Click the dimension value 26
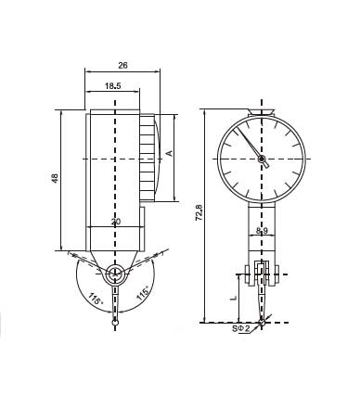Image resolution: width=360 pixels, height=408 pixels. (122, 65)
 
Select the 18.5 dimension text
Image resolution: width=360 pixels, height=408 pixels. (112, 85)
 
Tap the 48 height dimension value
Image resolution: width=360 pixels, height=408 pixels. (55, 178)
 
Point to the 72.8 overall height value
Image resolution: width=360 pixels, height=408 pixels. (199, 212)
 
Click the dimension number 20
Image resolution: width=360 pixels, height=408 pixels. (116, 222)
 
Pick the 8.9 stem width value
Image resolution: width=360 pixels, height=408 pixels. (262, 230)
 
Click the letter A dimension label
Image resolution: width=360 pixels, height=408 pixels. (170, 153)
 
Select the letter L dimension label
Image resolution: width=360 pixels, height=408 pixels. (234, 299)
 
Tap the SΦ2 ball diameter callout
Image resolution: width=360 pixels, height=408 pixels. (241, 328)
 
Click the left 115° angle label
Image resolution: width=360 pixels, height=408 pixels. (96, 299)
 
